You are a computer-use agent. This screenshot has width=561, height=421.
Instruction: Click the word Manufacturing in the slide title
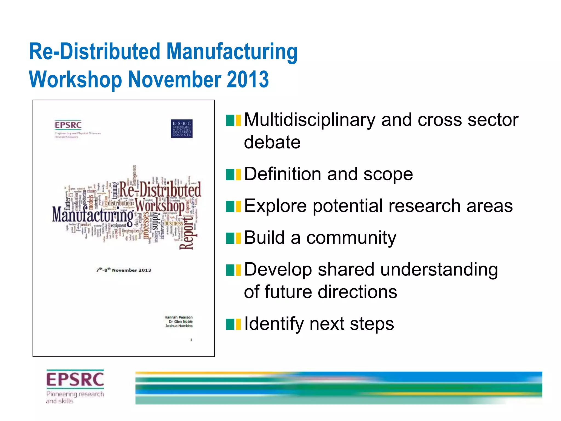pyautogui.click(x=232, y=52)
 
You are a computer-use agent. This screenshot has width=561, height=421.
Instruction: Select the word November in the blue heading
pyautogui.click(x=175, y=79)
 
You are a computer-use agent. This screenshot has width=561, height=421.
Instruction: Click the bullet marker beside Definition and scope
pyautogui.click(x=233, y=175)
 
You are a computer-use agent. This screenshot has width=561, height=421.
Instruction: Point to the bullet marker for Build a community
pyautogui.click(x=233, y=238)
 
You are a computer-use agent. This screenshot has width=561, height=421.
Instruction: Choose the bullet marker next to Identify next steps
pyautogui.click(x=233, y=324)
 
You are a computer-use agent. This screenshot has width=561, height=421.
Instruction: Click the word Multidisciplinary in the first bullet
pyautogui.click(x=310, y=120)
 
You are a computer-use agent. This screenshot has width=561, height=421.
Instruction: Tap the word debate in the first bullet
pyautogui.click(x=272, y=142)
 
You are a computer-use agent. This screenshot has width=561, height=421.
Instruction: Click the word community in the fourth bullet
pyautogui.click(x=351, y=238)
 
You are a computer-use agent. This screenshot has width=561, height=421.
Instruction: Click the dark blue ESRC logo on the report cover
pyautogui.click(x=181, y=129)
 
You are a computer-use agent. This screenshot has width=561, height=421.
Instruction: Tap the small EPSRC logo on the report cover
pyautogui.click(x=68, y=125)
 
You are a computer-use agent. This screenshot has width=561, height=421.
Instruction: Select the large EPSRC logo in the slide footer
pyautogui.click(x=75, y=379)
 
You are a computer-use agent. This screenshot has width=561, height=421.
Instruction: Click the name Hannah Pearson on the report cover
pyautogui.click(x=179, y=317)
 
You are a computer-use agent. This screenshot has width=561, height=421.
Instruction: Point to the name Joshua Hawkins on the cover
pyautogui.click(x=179, y=326)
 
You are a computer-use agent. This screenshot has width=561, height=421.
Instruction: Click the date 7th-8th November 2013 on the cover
pyautogui.click(x=124, y=270)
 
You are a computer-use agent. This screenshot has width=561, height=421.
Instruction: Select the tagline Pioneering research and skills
pyautogui.click(x=75, y=397)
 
